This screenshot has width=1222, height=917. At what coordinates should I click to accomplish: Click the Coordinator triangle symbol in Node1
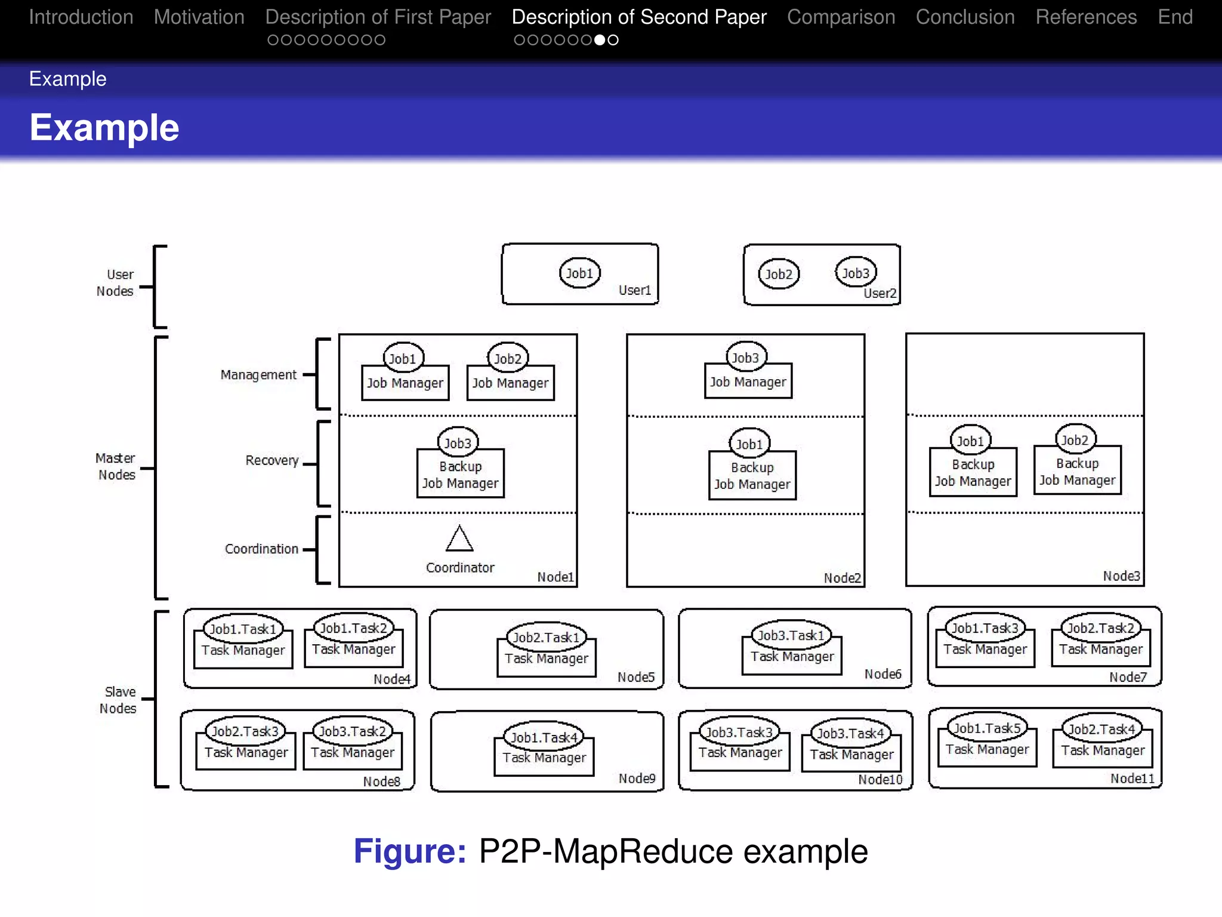pos(459,538)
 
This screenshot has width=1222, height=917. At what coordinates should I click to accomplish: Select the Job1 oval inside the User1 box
pos(579,273)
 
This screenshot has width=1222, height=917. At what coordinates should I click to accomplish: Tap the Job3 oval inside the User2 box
pos(855,273)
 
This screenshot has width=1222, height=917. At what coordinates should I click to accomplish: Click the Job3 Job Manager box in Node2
pos(748,381)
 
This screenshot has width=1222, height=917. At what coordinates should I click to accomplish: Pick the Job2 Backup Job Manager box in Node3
pos(1077,472)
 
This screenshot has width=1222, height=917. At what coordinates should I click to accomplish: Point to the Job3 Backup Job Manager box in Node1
pos(460,475)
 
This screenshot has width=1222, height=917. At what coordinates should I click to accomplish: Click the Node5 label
pos(635,677)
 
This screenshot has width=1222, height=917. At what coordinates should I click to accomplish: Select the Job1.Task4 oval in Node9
pos(544,737)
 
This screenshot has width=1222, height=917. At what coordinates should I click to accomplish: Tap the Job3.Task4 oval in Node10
pos(850,733)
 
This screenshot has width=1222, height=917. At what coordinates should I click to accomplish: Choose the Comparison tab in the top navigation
pos(841,17)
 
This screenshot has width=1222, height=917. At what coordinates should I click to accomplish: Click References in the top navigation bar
pos(1085,17)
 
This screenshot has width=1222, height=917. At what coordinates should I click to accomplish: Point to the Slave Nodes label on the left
pos(118,700)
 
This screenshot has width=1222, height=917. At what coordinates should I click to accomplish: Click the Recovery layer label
pos(272,460)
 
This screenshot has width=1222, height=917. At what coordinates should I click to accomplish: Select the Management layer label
pos(258,375)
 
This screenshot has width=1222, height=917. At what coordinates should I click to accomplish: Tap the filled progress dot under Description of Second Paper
pos(600,40)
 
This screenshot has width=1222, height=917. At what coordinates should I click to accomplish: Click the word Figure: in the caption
pos(409,851)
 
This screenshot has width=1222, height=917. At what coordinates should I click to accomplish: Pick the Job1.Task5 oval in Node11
pos(987,728)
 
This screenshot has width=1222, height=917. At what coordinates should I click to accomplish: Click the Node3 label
pos(1121,576)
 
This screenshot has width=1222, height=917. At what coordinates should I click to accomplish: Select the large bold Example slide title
pos(104,128)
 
